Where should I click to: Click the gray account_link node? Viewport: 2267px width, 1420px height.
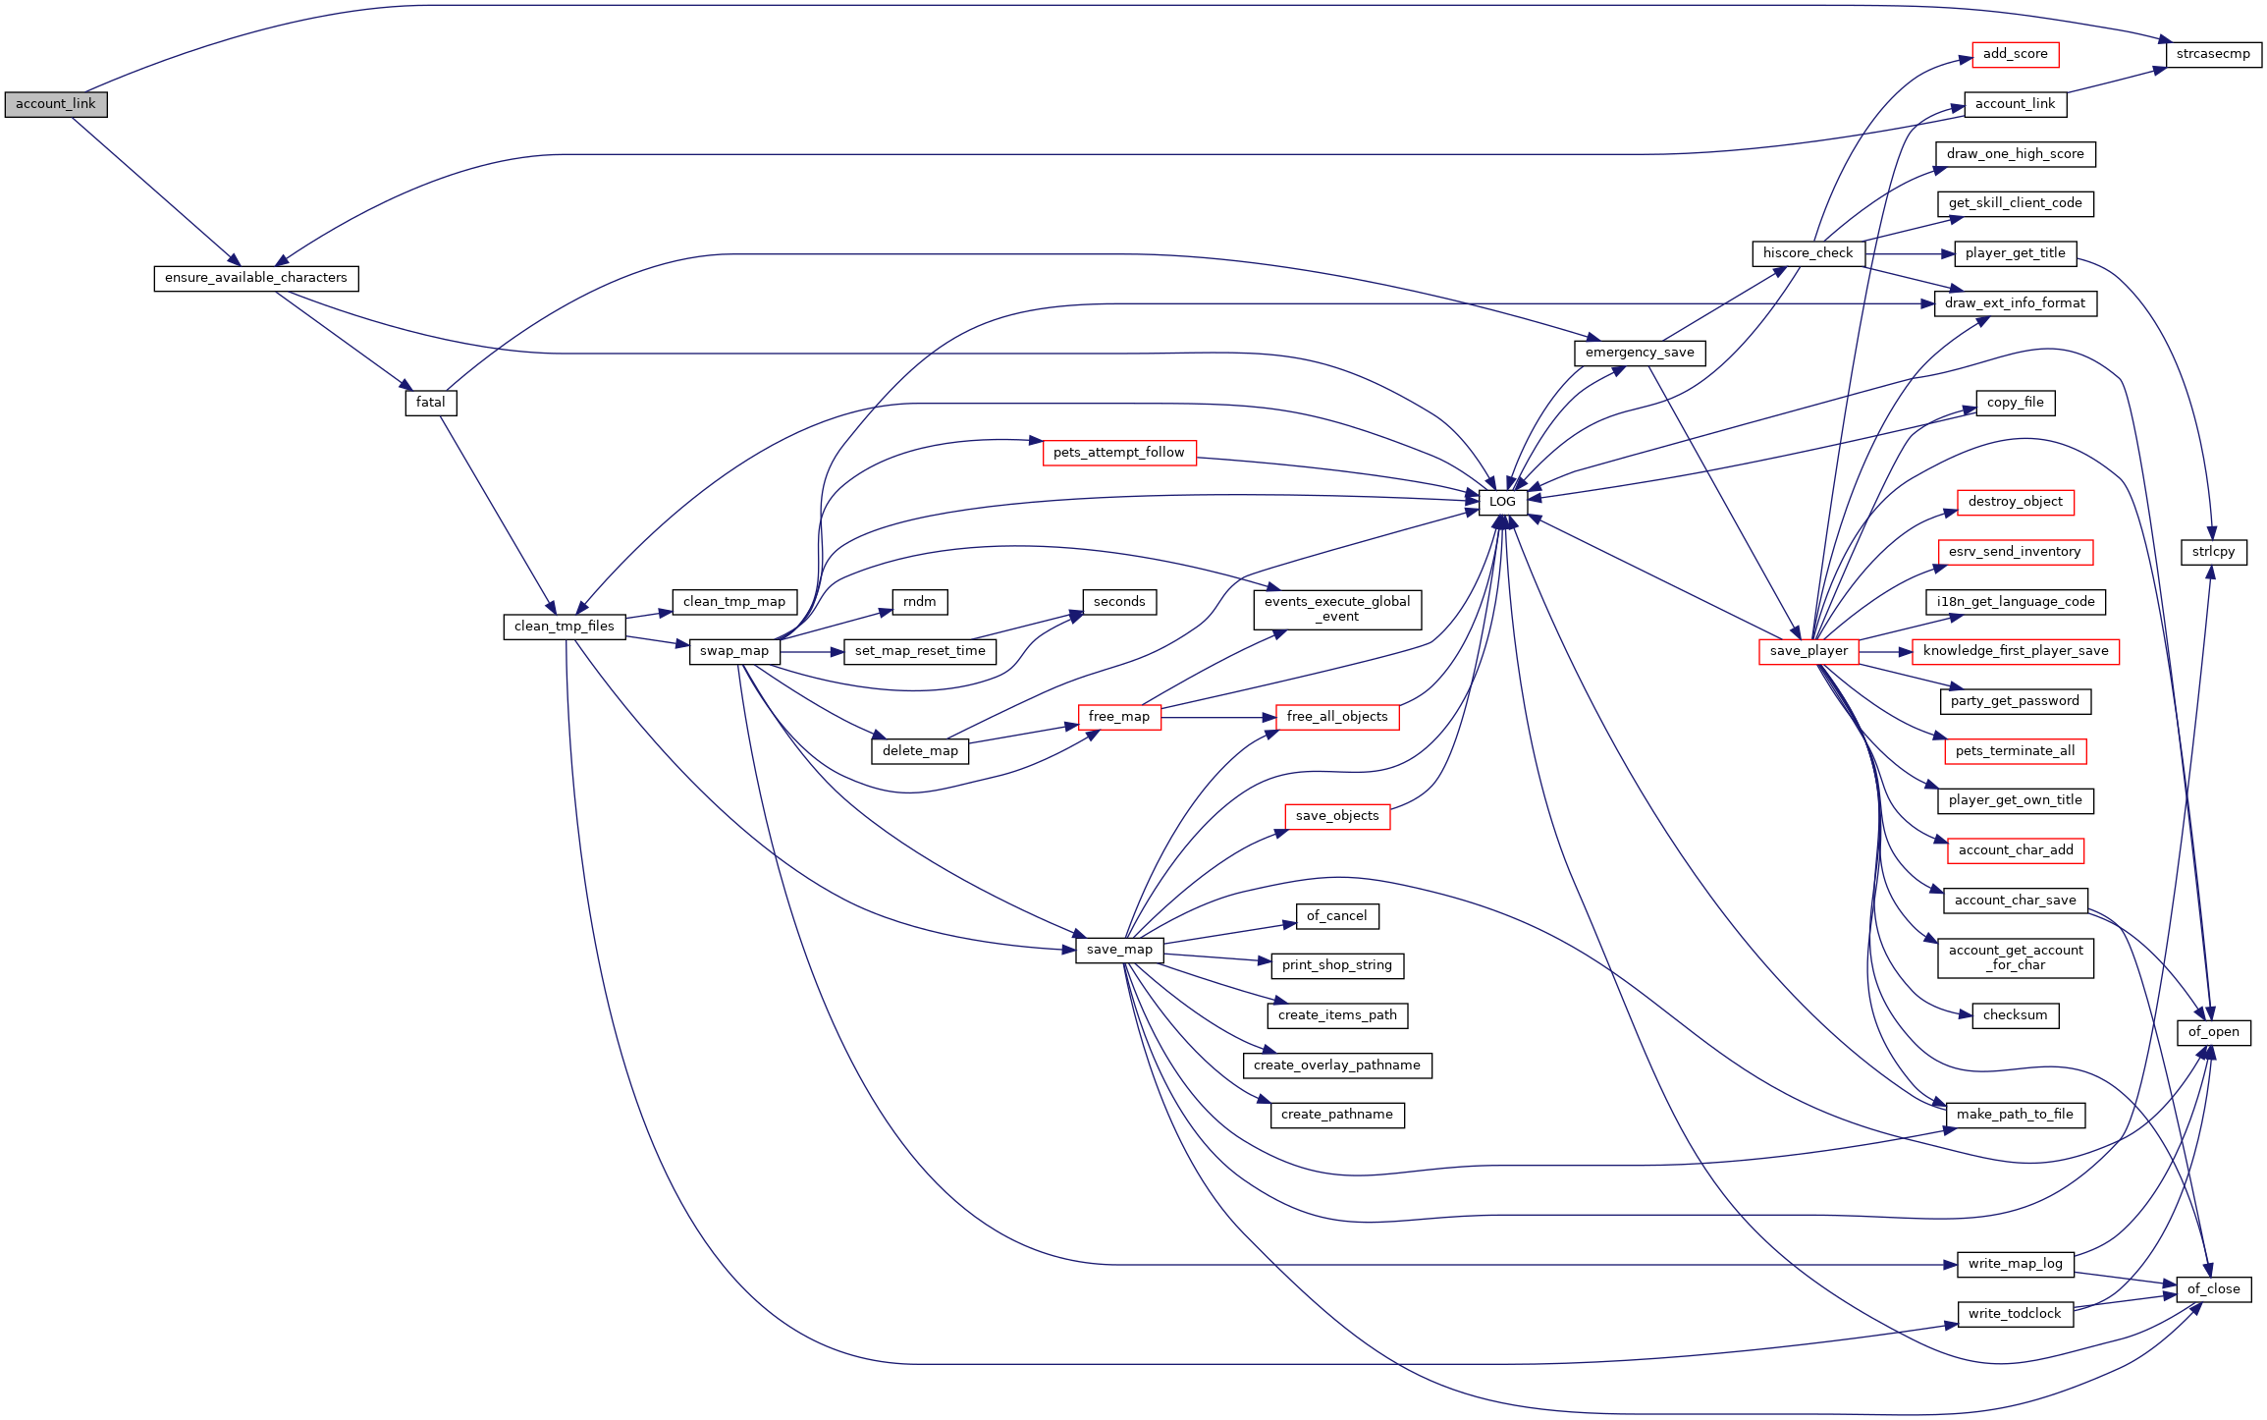click(56, 104)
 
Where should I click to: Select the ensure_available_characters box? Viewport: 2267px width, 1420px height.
click(256, 278)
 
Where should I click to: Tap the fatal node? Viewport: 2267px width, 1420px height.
click(431, 403)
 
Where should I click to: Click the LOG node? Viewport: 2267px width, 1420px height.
click(1502, 502)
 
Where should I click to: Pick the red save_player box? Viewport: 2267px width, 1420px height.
click(1808, 651)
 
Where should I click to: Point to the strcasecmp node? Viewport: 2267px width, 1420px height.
click(2213, 54)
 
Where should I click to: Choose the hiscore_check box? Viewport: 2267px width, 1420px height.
click(1808, 253)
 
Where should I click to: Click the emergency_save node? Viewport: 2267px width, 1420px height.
click(1640, 353)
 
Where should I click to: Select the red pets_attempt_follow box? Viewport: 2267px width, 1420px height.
click(1119, 453)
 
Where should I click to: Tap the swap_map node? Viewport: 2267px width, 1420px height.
click(734, 651)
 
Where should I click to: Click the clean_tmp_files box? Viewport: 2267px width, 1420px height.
click(565, 627)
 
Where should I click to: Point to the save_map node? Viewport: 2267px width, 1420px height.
click(1119, 950)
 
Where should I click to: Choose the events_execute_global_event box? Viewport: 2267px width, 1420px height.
click(1337, 609)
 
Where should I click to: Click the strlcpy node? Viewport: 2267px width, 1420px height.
click(2213, 552)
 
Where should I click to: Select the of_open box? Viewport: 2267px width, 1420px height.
click(2213, 1032)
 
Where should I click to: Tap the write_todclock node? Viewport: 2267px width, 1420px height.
click(2015, 1314)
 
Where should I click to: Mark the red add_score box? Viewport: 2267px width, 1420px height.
click(2015, 54)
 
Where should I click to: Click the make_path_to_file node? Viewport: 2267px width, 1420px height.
click(2015, 1115)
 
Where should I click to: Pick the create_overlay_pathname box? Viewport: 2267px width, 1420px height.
click(1337, 1065)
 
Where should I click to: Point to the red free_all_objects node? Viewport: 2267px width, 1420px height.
click(1337, 717)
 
